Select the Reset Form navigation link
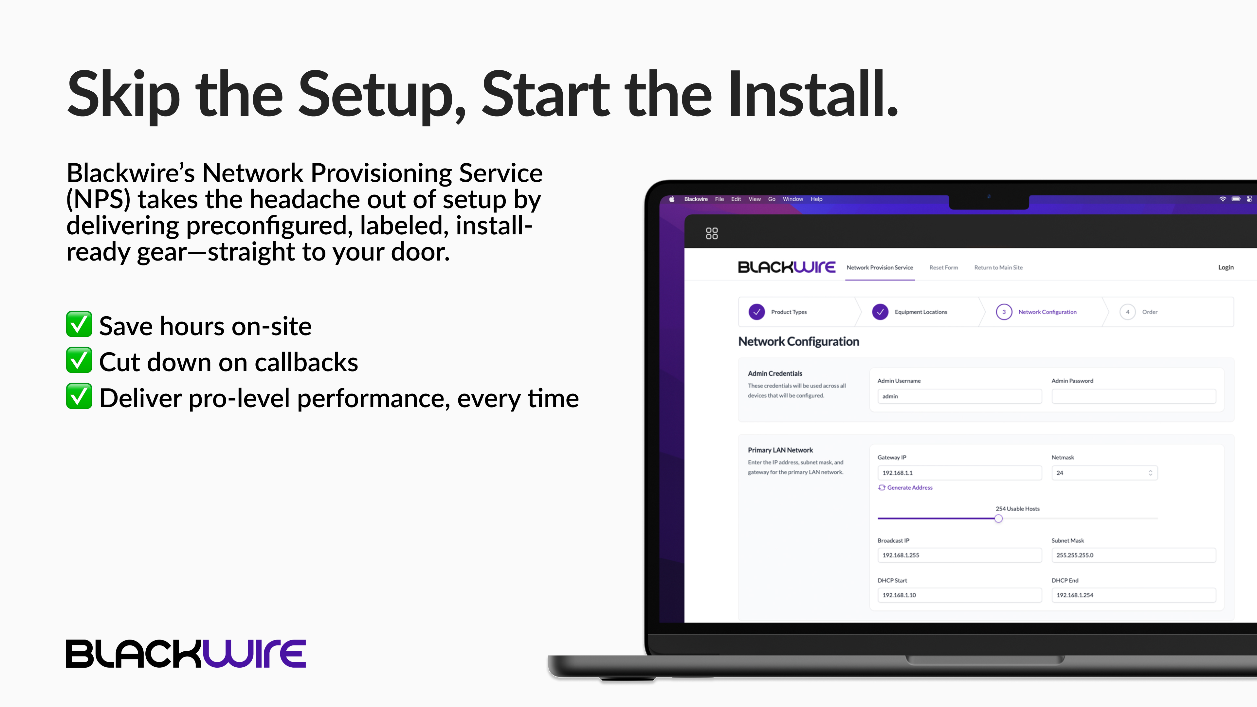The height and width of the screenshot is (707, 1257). pos(943,267)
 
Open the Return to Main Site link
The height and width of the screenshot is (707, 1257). pos(998,267)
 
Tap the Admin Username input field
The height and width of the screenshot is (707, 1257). pos(959,396)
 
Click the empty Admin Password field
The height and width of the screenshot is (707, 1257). pos(1134,396)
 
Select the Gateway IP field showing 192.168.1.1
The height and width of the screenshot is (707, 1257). pos(959,473)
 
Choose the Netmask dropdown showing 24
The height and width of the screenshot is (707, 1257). pos(1104,473)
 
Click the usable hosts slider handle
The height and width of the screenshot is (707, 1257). pos(998,519)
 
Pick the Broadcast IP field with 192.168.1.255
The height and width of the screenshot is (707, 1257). pos(959,555)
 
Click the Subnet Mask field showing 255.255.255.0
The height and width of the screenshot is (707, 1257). pos(1134,555)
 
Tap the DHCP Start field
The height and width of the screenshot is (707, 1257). pos(959,595)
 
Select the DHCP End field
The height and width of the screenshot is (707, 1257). pos(1134,595)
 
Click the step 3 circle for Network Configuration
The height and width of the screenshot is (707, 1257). pos(1004,312)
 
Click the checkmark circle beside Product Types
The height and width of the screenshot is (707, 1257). pos(757,312)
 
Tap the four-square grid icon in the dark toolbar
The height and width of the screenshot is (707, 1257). pos(712,233)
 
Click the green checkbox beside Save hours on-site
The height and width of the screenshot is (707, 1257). pos(79,324)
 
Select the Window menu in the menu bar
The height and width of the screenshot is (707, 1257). pos(793,199)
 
